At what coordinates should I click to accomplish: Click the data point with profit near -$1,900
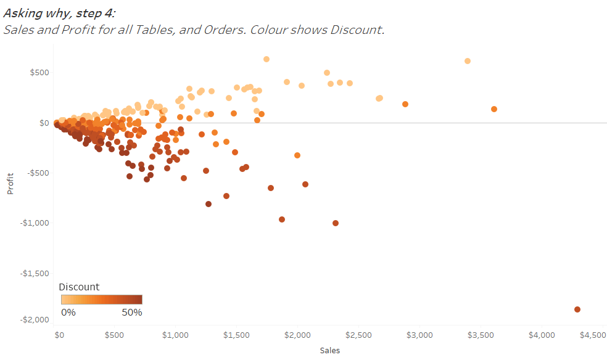coord(577,309)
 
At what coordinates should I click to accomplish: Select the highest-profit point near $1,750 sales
coord(266,59)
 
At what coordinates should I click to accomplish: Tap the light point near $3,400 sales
coord(468,61)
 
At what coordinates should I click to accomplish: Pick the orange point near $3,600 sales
coord(494,109)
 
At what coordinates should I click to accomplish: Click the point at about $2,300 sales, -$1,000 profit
coord(336,223)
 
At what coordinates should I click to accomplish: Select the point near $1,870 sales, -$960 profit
coord(282,219)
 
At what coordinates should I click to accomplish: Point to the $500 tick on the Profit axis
coord(40,72)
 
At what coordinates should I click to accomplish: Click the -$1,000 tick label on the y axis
coord(36,223)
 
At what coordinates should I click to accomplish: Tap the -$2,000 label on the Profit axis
coord(36,319)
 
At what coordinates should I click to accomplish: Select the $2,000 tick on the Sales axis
coord(297,335)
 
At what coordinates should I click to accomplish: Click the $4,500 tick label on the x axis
coord(593,335)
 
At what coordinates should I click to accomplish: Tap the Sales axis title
coord(330,350)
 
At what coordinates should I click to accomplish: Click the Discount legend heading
coord(79,287)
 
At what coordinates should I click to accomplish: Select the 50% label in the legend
coord(131,313)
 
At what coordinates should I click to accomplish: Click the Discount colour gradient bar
coord(102,300)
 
